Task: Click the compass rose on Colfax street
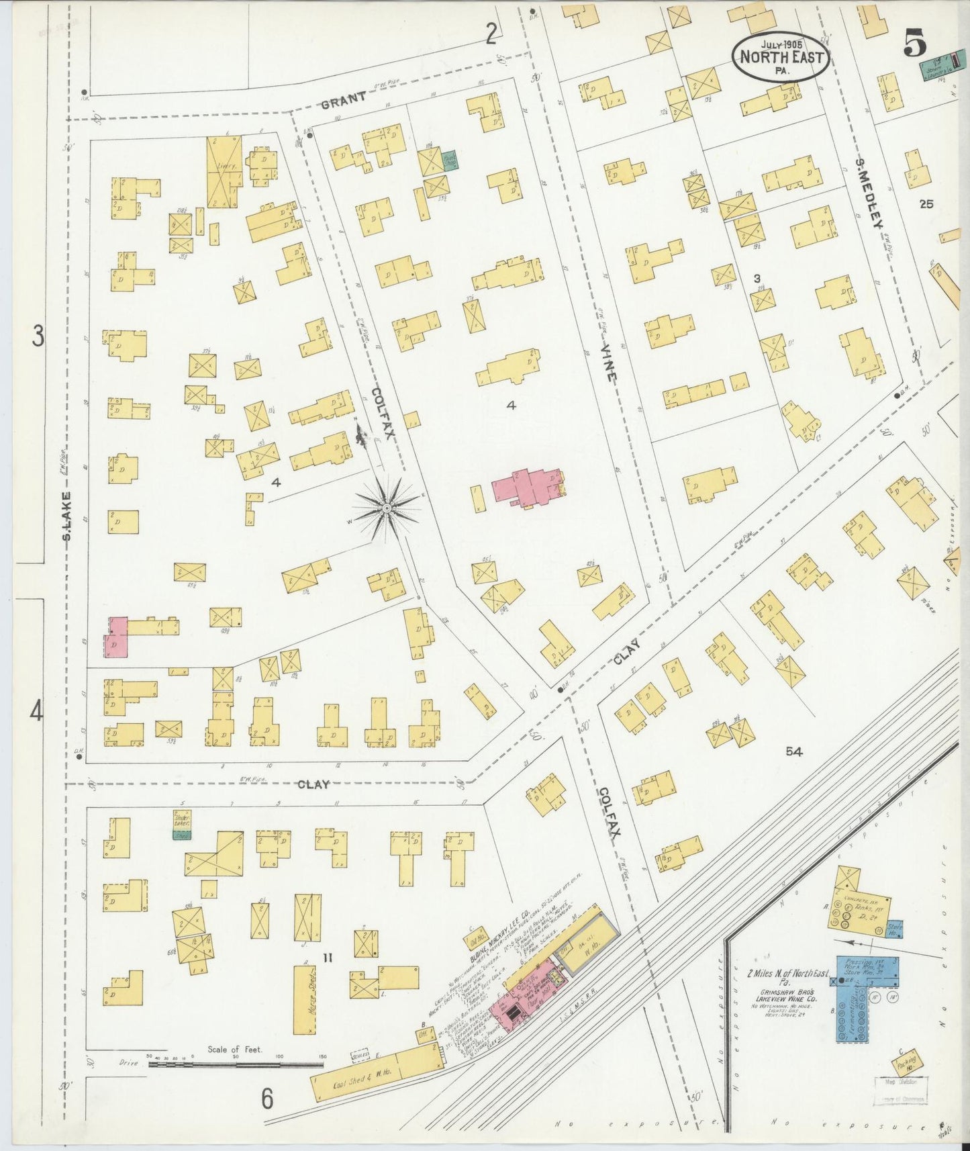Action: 387,510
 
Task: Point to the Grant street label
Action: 343,99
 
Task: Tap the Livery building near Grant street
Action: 224,172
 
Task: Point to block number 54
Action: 794,751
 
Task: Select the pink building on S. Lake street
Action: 115,637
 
